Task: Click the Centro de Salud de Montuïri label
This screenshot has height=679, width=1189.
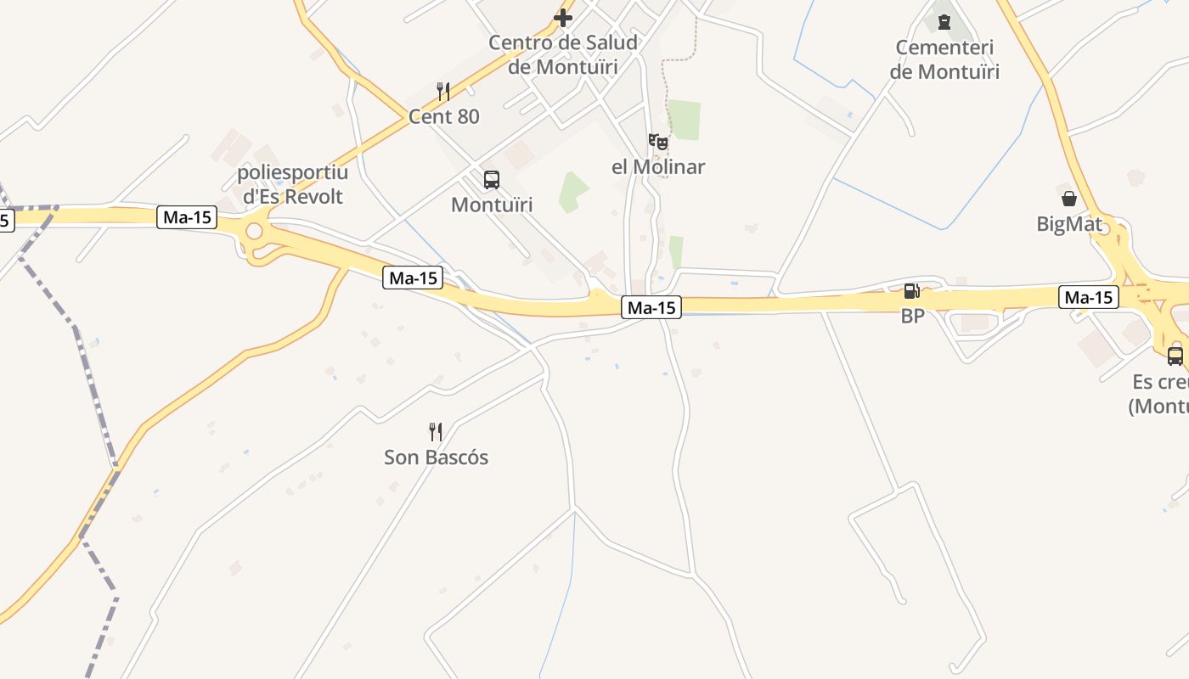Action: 563,54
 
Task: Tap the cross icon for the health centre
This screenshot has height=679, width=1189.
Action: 563,17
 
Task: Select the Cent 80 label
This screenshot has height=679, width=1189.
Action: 444,117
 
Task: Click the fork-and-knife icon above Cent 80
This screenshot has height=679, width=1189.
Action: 443,92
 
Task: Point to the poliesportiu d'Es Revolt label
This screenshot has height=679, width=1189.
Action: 293,185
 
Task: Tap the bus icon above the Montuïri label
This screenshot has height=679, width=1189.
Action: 492,180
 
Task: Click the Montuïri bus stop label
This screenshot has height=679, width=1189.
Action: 492,205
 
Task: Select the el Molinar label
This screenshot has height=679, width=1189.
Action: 658,166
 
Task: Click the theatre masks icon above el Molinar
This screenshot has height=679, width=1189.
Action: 658,142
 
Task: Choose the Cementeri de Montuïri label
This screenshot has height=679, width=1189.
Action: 944,59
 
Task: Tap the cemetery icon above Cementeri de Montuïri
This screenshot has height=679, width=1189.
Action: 944,20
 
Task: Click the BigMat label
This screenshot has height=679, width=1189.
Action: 1069,224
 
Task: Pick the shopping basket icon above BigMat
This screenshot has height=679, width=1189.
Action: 1069,199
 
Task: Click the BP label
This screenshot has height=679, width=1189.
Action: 912,316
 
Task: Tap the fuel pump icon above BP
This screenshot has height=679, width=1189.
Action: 912,292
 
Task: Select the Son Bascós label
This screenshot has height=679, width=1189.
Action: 437,457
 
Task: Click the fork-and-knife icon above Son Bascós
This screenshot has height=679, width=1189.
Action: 436,433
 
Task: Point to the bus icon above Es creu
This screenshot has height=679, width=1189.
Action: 1175,356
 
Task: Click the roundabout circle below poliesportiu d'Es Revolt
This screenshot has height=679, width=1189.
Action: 254,232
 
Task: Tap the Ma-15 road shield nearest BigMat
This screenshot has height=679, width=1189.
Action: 1089,297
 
